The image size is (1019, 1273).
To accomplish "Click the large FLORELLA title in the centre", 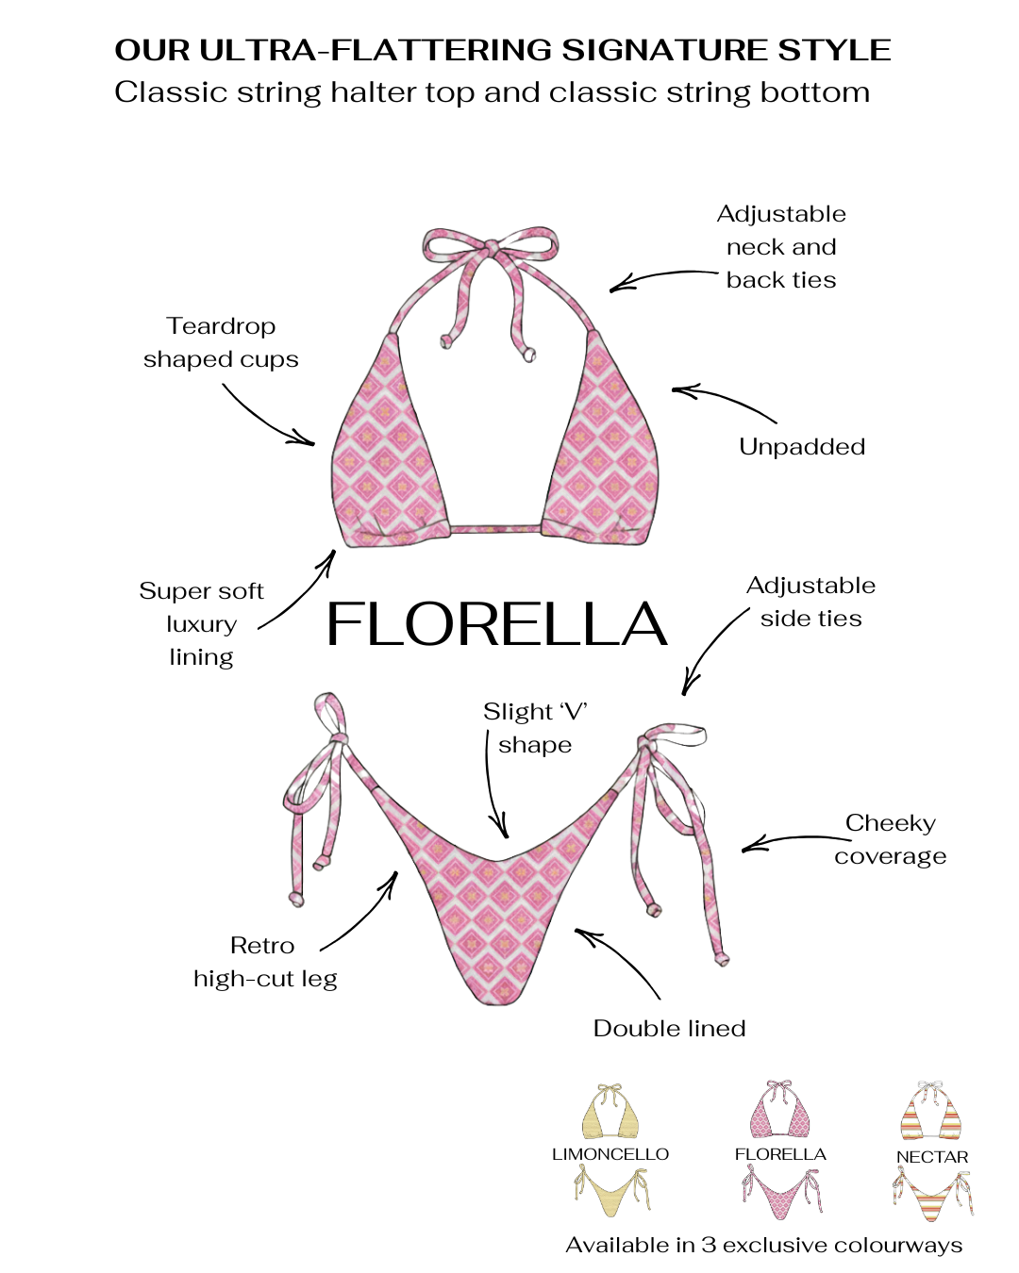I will tap(496, 624).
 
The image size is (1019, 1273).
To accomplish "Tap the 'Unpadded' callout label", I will tap(801, 447).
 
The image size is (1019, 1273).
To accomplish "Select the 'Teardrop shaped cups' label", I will tap(221, 342).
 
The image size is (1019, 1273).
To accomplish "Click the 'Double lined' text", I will tap(669, 1029).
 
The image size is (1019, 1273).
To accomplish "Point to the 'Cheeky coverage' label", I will tap(890, 839).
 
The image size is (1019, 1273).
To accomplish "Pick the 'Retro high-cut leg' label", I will tap(264, 962).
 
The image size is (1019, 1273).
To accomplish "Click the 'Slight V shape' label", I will tap(535, 728).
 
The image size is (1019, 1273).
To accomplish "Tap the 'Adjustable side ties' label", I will tap(810, 602).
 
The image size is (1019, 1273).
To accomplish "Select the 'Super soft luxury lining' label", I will tap(201, 624).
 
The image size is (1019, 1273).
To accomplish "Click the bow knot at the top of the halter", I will tap(492, 247).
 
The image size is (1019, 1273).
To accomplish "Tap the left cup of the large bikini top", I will tap(387, 453).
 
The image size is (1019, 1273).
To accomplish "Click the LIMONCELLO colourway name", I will tap(610, 1154).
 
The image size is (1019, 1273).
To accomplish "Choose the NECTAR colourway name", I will tap(932, 1157).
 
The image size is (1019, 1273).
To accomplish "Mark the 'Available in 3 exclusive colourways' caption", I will tap(763, 1246).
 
